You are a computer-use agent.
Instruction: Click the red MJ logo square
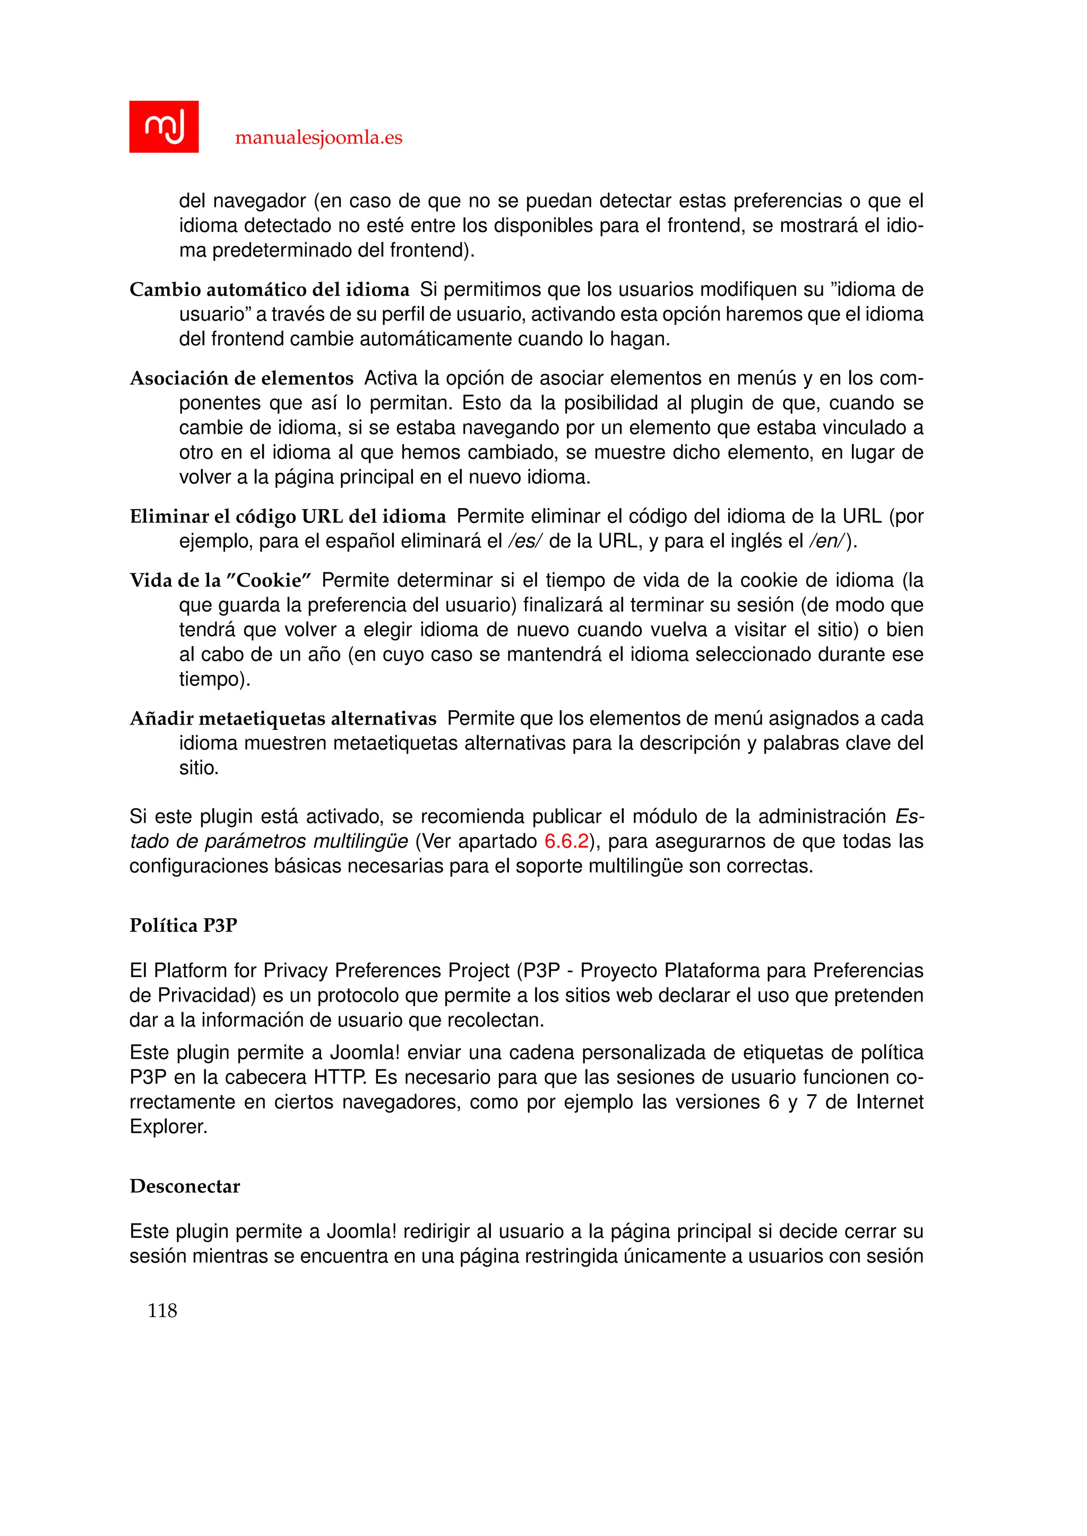click(163, 126)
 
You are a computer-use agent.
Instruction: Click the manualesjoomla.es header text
click(318, 138)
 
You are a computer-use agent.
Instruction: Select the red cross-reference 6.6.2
click(566, 841)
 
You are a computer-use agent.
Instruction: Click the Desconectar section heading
click(185, 1186)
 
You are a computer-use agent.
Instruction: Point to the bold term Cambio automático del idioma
click(269, 290)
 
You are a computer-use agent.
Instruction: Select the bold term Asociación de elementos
click(241, 379)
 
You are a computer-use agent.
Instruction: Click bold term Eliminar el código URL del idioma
click(288, 517)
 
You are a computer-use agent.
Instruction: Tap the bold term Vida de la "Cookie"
click(221, 580)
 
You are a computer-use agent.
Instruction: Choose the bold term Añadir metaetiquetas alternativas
click(283, 719)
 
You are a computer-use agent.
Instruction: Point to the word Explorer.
click(169, 1127)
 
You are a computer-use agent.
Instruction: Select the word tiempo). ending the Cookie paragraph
click(214, 680)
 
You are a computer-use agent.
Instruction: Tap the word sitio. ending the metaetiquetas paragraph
click(199, 768)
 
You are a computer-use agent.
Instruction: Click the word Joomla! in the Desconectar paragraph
click(362, 1231)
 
